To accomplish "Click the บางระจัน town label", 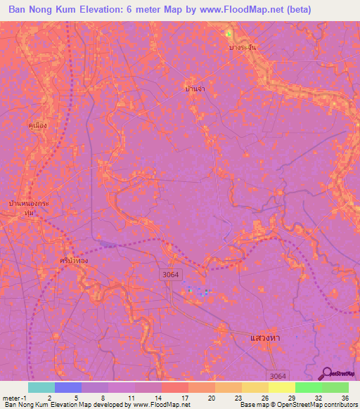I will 243,47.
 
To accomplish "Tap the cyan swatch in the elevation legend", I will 41,387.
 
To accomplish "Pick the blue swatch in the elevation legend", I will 67,387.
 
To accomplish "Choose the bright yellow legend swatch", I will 281,387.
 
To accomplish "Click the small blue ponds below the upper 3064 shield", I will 199,291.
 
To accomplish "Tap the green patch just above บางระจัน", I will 229,34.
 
